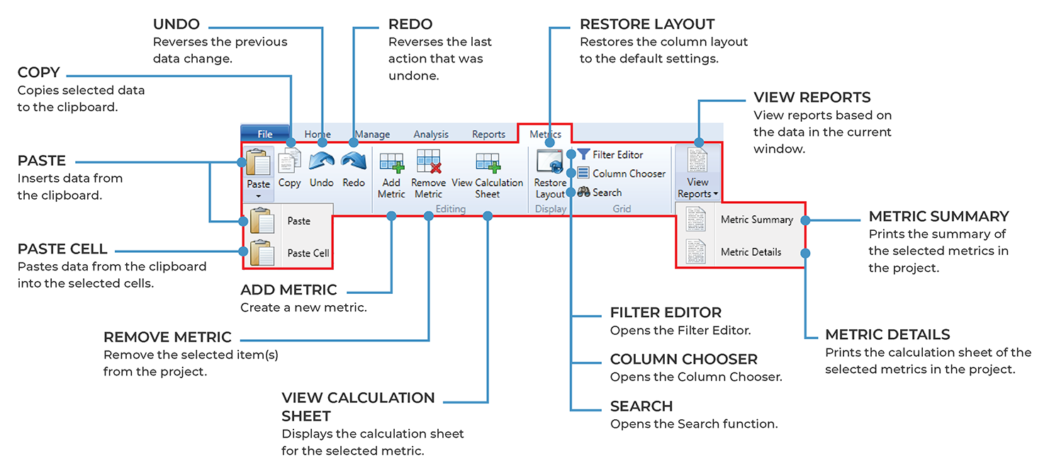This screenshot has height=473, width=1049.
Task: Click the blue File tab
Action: click(x=265, y=134)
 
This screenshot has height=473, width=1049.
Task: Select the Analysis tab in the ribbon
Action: click(x=431, y=134)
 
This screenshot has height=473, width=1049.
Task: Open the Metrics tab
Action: click(x=545, y=134)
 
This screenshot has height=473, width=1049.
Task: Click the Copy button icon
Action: click(x=289, y=162)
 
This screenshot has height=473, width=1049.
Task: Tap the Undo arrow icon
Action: click(x=321, y=162)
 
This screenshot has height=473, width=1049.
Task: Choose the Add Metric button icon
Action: click(x=391, y=162)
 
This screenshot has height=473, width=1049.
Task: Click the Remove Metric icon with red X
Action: click(x=428, y=162)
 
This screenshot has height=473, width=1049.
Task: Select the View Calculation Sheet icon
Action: click(x=487, y=162)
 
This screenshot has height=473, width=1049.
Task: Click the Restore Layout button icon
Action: click(x=550, y=162)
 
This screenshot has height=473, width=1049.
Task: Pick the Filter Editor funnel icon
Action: click(x=583, y=154)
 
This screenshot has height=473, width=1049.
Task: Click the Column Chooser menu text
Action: click(x=629, y=173)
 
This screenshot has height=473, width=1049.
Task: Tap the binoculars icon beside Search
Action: click(x=584, y=192)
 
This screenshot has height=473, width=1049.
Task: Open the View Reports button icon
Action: click(x=697, y=161)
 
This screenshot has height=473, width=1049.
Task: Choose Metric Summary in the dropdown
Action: click(x=756, y=220)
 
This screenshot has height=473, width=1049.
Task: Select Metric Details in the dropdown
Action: click(x=751, y=252)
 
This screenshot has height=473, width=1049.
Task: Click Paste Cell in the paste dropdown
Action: click(x=308, y=253)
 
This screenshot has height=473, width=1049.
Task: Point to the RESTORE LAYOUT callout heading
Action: click(x=647, y=25)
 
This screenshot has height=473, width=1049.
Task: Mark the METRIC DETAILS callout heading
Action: click(x=887, y=335)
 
